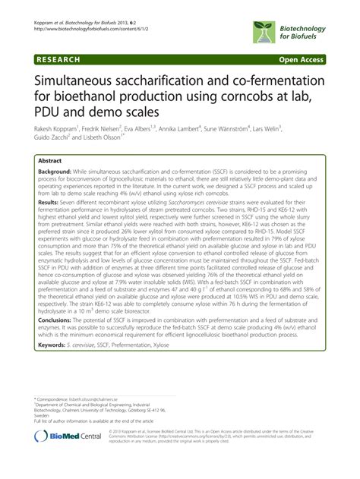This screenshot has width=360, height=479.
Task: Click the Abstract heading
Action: click(x=50, y=162)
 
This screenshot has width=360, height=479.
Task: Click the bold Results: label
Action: click(x=48, y=203)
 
